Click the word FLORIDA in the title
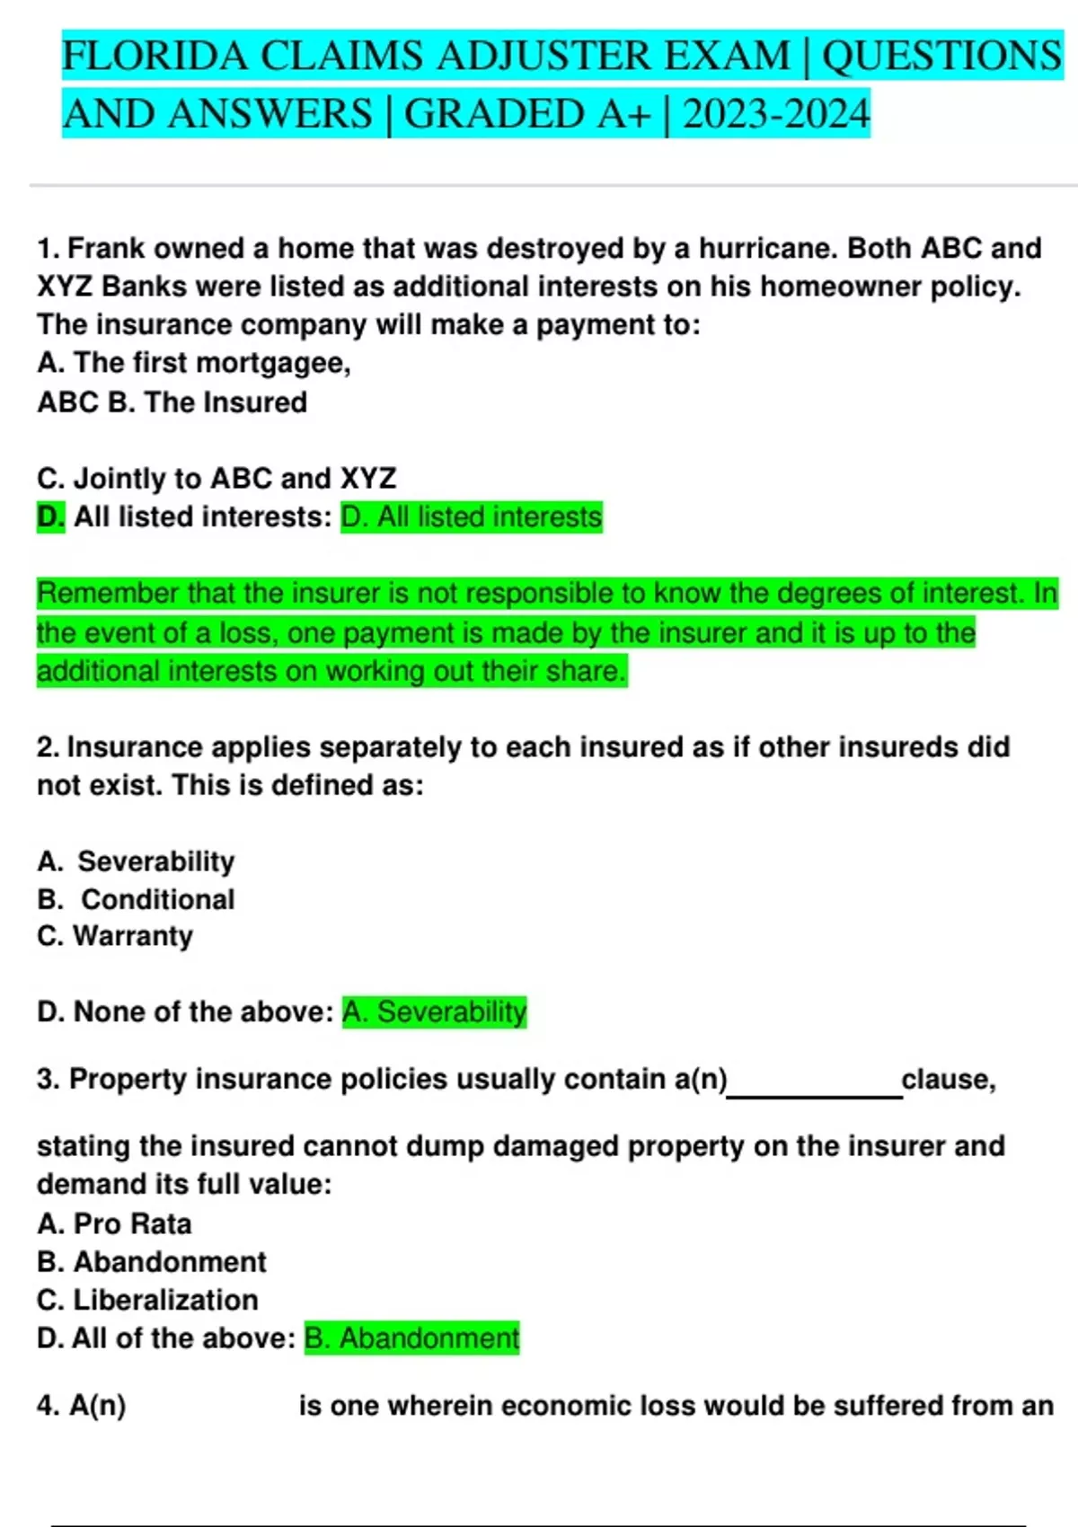click(x=154, y=56)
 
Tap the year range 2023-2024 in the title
click(x=776, y=114)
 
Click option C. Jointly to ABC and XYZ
click(x=216, y=478)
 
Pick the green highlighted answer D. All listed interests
click(x=472, y=517)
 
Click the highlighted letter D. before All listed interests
click(x=50, y=517)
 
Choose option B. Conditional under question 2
click(x=136, y=899)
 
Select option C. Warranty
click(x=115, y=936)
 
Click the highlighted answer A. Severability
click(x=434, y=1012)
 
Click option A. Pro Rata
click(x=114, y=1223)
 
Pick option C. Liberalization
click(x=147, y=1300)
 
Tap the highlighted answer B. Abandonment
click(x=411, y=1338)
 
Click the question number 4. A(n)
click(x=81, y=1406)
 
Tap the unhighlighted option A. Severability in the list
click(x=136, y=861)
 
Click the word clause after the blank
click(x=948, y=1079)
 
